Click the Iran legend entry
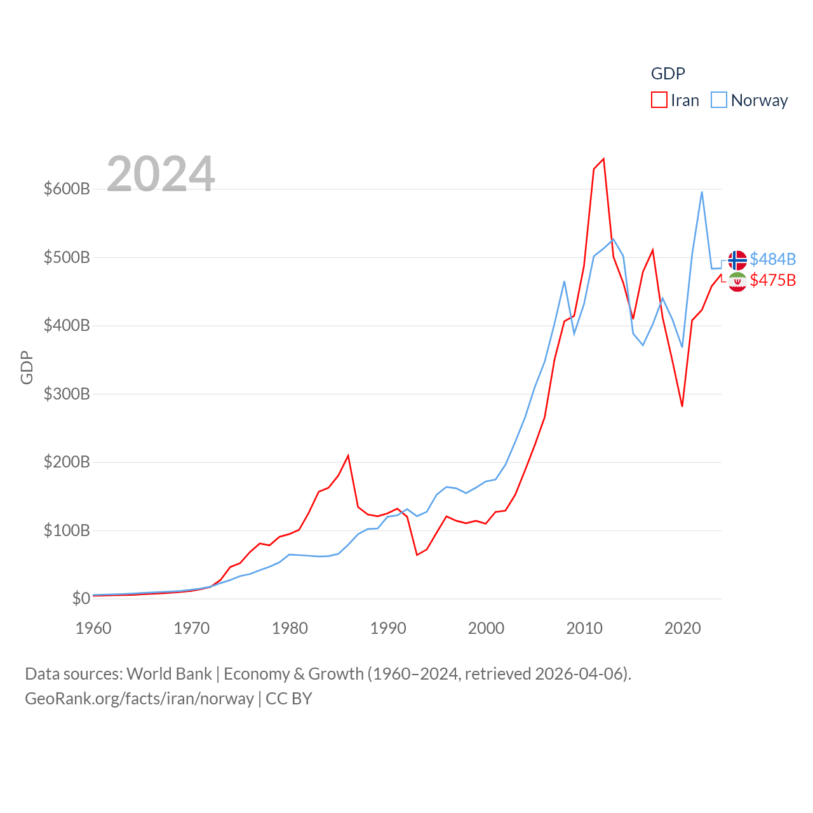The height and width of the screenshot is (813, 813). (x=676, y=100)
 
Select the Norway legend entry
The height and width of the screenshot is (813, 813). (x=750, y=100)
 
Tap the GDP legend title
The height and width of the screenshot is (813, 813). (x=668, y=74)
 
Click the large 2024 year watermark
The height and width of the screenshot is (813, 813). (x=161, y=174)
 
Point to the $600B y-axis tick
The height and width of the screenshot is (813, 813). (x=67, y=189)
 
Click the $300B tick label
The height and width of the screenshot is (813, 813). (x=67, y=394)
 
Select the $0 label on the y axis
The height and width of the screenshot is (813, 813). (x=81, y=598)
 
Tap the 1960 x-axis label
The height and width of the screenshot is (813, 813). (x=93, y=628)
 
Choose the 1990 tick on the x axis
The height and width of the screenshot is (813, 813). (x=388, y=628)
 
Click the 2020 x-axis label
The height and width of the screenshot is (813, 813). (x=683, y=628)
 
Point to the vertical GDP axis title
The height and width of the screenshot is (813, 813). (x=27, y=367)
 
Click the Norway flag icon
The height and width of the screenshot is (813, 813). (x=737, y=260)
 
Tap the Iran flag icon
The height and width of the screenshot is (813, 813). (x=737, y=281)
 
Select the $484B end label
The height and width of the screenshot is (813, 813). (x=772, y=259)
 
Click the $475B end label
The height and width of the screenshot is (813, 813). (x=772, y=280)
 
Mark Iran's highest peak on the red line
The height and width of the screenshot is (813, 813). (x=603, y=159)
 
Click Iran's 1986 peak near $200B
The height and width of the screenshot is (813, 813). (x=348, y=455)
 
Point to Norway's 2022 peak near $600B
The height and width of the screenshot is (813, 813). (x=702, y=192)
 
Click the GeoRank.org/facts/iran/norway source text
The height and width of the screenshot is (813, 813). (x=139, y=699)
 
